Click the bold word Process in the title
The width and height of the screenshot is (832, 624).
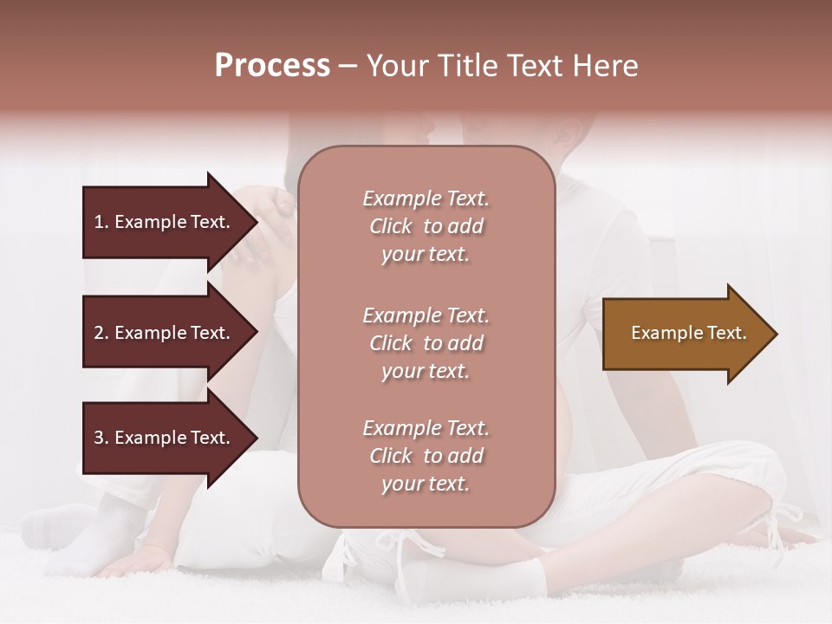[x=272, y=66]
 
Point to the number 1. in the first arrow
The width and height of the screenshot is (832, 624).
[x=101, y=222]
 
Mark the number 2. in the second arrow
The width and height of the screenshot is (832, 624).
[x=101, y=333]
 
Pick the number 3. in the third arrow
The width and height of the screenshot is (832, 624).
[x=101, y=439]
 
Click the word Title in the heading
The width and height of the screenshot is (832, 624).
[x=468, y=66]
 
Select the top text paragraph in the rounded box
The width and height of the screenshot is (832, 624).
[x=426, y=226]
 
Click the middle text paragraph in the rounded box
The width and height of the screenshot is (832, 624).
[x=426, y=343]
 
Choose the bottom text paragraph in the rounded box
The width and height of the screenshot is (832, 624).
[x=426, y=456]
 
